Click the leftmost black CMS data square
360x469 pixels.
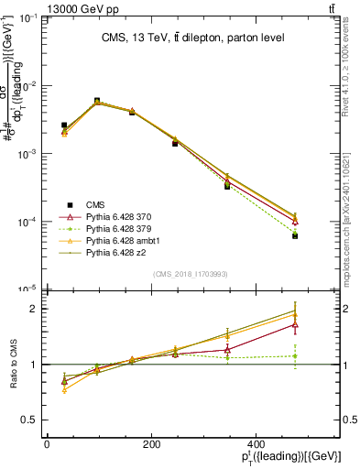click(x=64, y=125)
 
